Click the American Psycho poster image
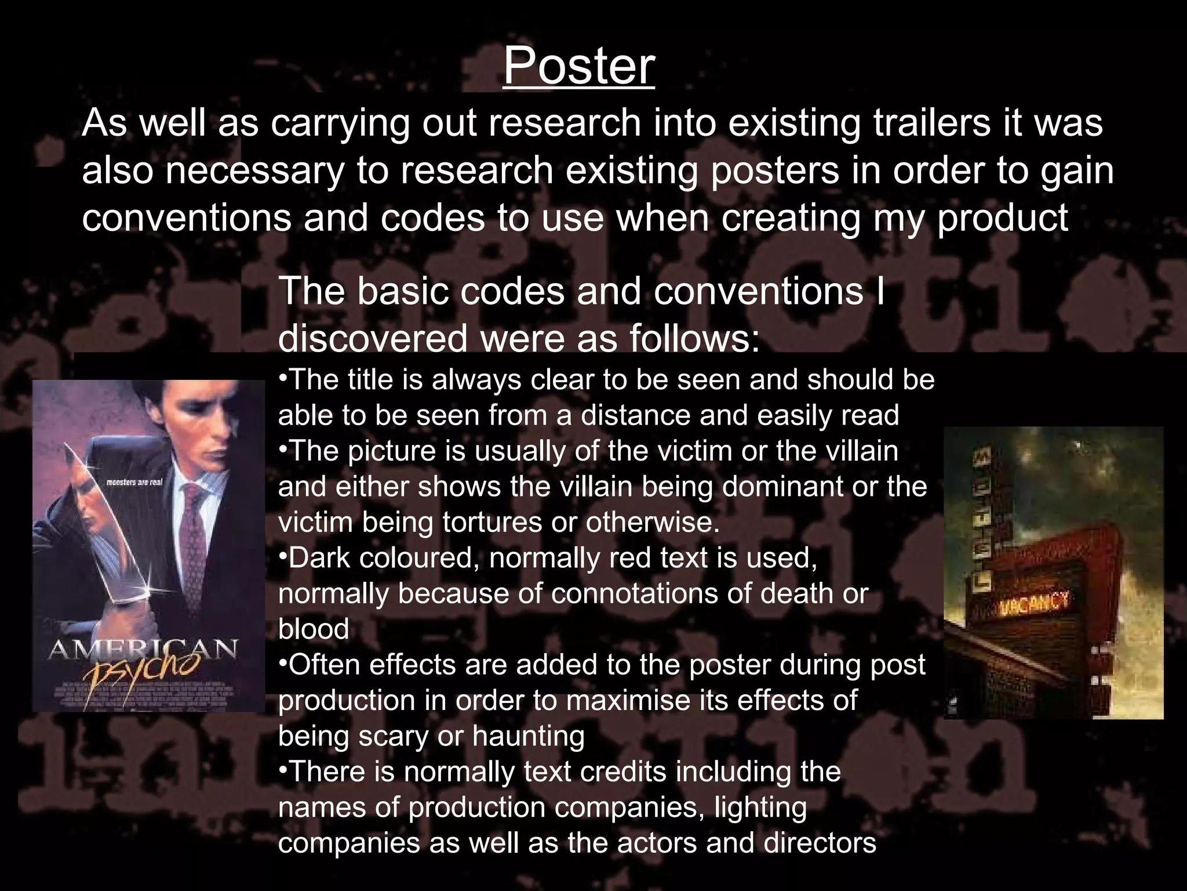(x=148, y=545)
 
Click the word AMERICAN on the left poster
(x=143, y=649)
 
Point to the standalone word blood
(x=314, y=629)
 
